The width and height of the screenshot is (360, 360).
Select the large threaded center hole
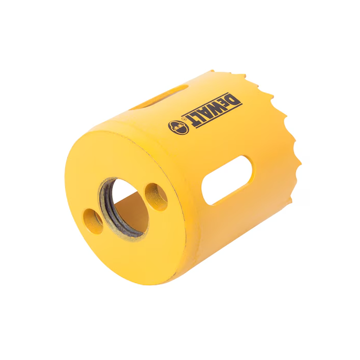tap(124, 207)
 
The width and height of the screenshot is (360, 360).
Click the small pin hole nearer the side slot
tap(156, 197)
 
